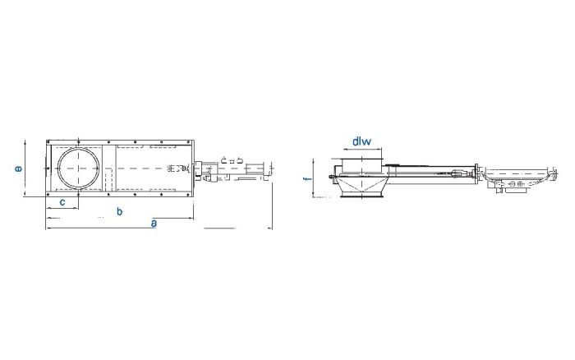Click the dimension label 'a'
[154, 224]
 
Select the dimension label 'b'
[120, 212]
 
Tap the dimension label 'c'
[62, 201]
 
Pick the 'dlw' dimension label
[361, 141]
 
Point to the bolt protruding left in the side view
[329, 176]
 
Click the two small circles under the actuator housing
[516, 187]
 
